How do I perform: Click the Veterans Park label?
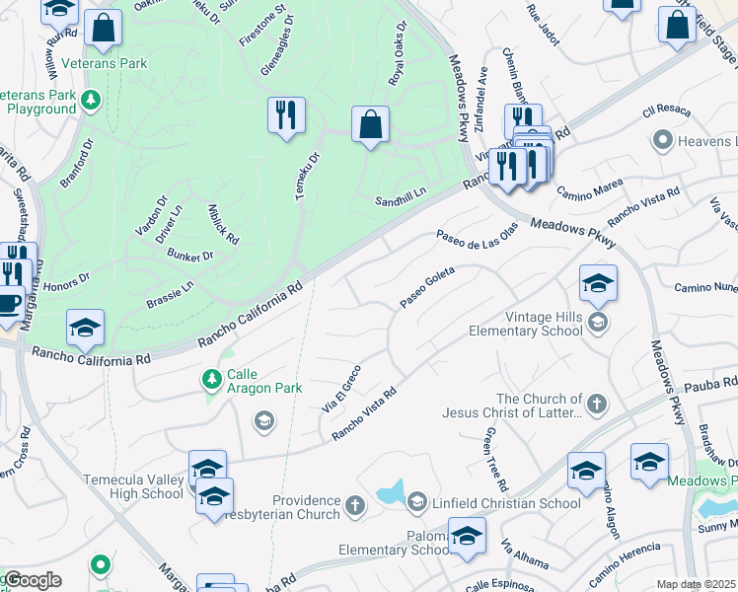click(x=104, y=64)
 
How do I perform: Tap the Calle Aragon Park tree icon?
click(x=210, y=378)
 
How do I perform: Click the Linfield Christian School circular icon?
click(x=415, y=503)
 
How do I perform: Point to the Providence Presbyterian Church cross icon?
click(x=354, y=507)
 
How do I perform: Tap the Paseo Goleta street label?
click(x=427, y=286)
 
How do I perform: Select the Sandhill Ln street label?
click(x=400, y=201)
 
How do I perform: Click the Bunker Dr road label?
click(x=190, y=257)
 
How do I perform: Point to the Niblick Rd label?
click(x=223, y=224)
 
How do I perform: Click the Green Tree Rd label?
click(x=494, y=460)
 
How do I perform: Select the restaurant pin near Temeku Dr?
click(x=286, y=115)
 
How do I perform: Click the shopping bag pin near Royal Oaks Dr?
click(x=370, y=124)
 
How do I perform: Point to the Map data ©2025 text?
click(x=696, y=584)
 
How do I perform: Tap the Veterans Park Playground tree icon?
click(x=91, y=99)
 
